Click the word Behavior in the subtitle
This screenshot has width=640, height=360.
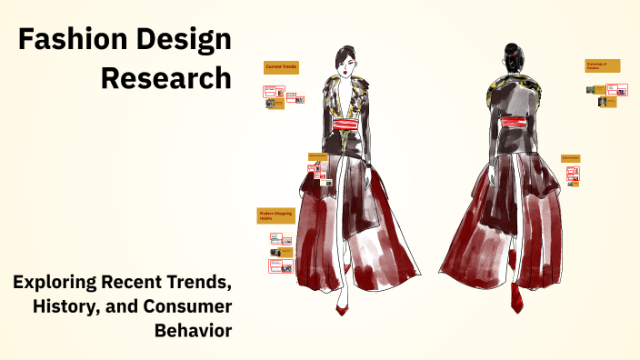tap(195, 328)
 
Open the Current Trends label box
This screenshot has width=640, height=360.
tap(281, 67)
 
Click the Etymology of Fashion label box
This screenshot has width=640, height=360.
tap(602, 65)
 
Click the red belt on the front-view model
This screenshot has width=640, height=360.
tap(346, 125)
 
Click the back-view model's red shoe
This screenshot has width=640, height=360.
tap(516, 298)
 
